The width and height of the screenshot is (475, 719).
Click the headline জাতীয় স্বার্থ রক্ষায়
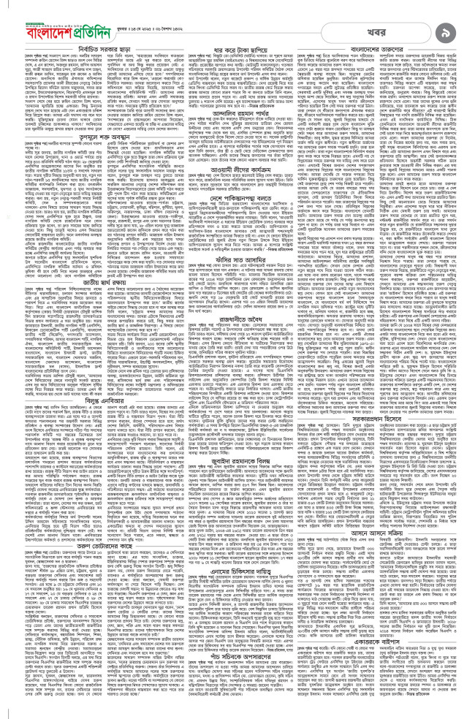[77, 312]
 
